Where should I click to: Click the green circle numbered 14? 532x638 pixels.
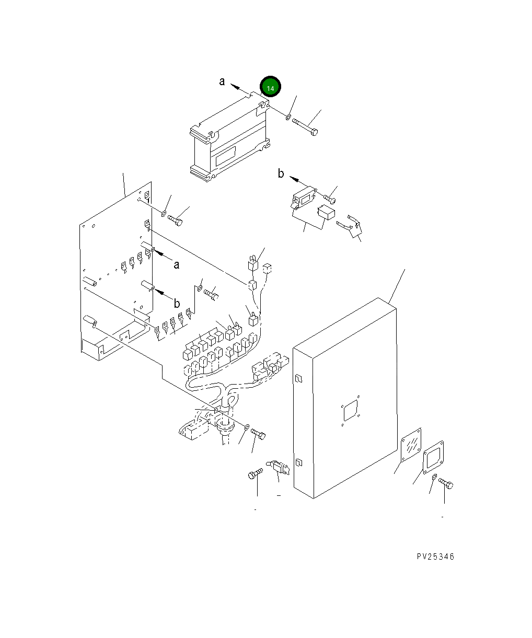coord(271,88)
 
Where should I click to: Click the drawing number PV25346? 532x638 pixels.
coord(435,556)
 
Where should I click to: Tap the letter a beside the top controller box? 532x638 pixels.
coord(222,82)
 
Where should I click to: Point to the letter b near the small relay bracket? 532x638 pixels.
coord(281,174)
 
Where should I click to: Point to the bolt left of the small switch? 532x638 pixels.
coord(254,474)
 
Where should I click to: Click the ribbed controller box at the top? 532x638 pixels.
coord(230,138)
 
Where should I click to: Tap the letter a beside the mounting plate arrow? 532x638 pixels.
coord(177,265)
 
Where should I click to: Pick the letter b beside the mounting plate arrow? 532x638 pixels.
coord(177,303)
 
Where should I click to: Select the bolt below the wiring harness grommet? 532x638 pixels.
coord(258,433)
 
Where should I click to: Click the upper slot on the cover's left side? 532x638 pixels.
coord(298,379)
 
